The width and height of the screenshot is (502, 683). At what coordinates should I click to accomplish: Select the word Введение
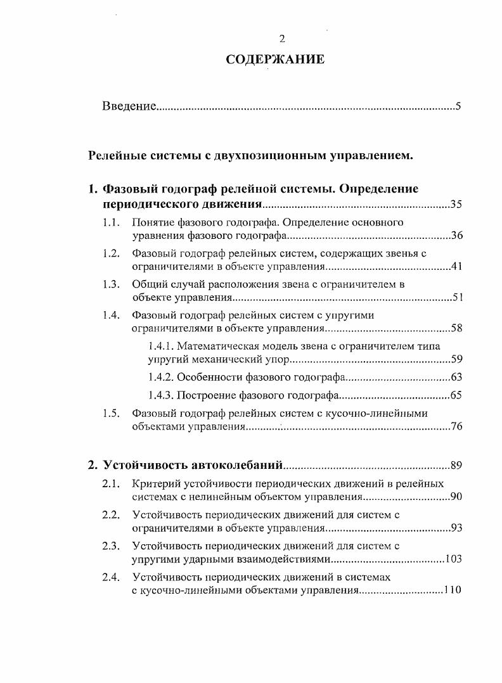[x=129, y=106]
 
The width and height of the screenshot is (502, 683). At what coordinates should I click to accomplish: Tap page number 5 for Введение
[x=458, y=106]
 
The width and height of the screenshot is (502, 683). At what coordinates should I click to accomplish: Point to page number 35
[x=456, y=204]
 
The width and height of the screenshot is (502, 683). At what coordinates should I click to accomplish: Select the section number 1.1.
[x=112, y=222]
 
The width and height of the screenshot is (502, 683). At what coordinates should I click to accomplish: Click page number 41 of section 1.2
[x=456, y=266]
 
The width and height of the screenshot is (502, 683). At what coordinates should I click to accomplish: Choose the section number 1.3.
[x=112, y=284]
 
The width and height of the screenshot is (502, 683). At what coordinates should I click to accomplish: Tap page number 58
[x=456, y=328]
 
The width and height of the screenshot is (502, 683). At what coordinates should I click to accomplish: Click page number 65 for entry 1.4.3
[x=456, y=396]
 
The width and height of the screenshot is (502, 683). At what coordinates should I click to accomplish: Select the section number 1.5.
[x=112, y=414]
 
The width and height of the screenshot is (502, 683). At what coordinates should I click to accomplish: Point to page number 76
[x=456, y=426]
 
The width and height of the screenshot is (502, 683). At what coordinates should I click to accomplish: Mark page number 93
[x=456, y=527]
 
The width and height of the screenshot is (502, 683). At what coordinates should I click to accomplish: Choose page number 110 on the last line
[x=453, y=589]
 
